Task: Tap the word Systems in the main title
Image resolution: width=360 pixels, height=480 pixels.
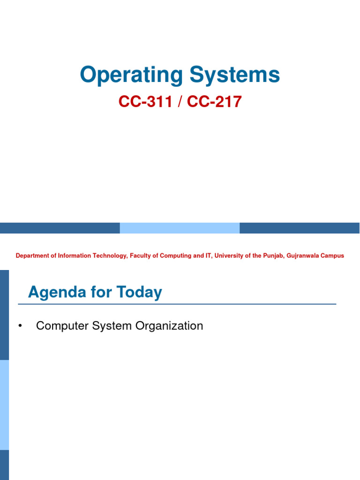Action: pyautogui.click(x=235, y=75)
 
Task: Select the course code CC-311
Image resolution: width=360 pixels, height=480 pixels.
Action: pyautogui.click(x=146, y=101)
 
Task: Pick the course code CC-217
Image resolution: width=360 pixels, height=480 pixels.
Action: pyautogui.click(x=214, y=101)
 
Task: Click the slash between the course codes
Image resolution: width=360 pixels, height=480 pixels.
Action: pyautogui.click(x=180, y=101)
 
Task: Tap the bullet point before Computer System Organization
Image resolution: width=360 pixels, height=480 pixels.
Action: pyautogui.click(x=20, y=326)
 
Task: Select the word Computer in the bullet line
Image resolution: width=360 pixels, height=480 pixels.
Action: pyautogui.click(x=62, y=326)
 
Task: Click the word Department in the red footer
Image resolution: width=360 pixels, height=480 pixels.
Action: pyautogui.click(x=31, y=256)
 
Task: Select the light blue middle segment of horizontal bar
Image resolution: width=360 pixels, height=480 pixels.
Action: pyautogui.click(x=180, y=228)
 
